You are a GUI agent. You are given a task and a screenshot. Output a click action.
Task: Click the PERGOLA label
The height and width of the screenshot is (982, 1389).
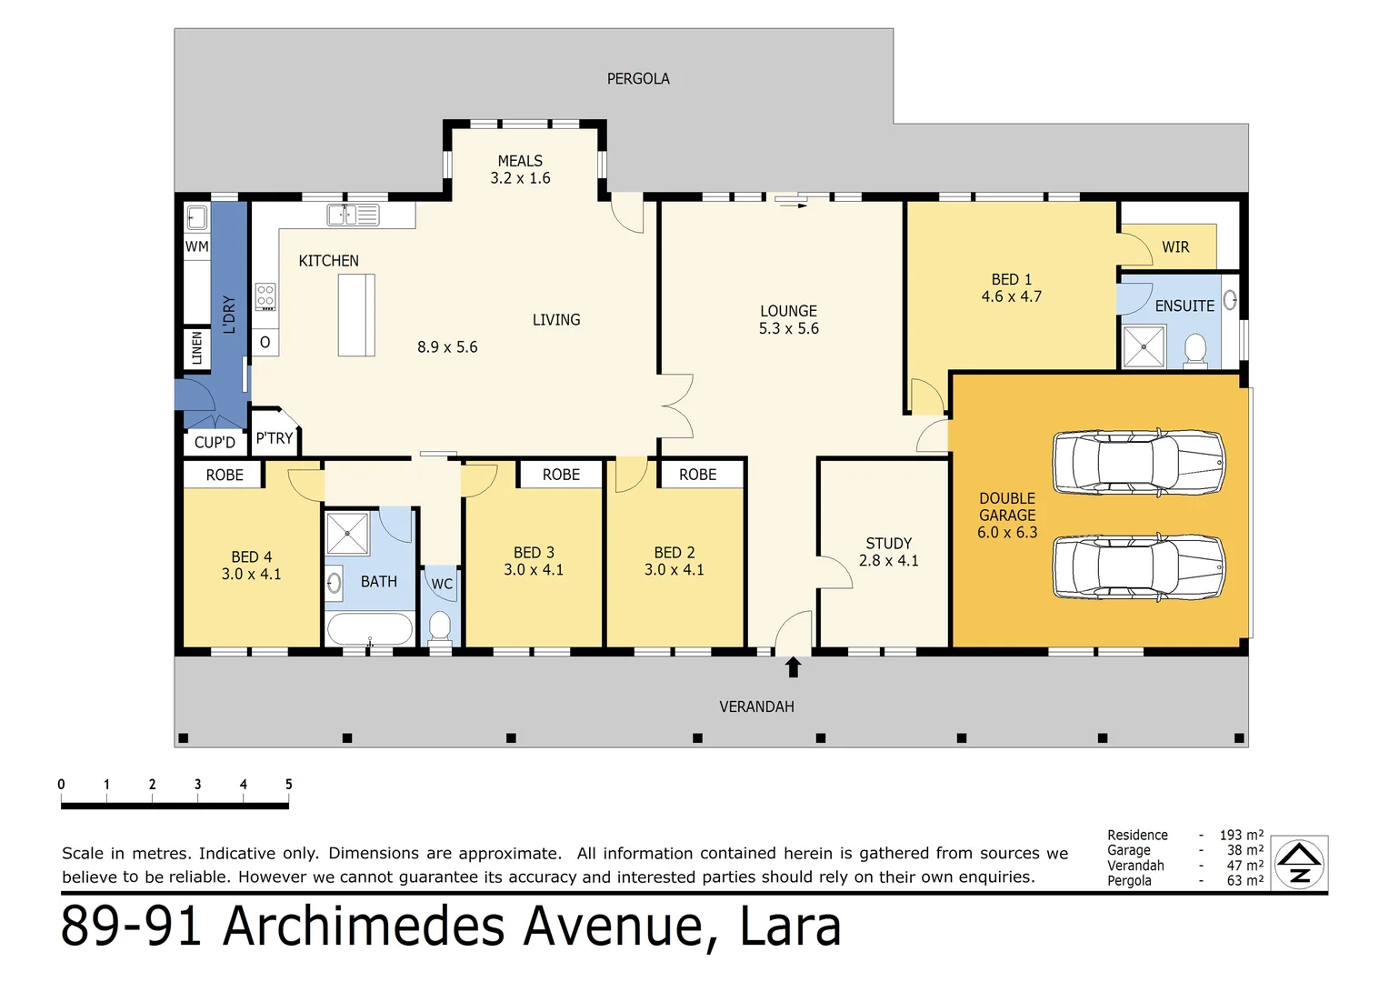click(x=638, y=79)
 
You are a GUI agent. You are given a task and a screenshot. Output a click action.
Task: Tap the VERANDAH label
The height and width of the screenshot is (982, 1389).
click(x=756, y=706)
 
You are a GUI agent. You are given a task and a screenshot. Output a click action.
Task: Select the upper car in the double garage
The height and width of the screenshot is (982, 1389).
click(x=1138, y=462)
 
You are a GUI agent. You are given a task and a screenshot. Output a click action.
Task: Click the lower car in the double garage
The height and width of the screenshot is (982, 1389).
click(x=1138, y=566)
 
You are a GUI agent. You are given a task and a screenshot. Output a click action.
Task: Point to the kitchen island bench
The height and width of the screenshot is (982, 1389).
click(x=356, y=315)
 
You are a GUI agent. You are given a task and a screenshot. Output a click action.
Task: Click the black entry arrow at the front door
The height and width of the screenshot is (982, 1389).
click(x=793, y=667)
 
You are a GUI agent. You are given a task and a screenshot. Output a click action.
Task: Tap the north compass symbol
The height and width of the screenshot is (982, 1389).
click(x=1299, y=864)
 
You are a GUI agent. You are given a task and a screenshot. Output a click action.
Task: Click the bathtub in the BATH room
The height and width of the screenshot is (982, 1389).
click(x=369, y=629)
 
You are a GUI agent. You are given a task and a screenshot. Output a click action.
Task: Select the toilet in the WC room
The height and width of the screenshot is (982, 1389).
click(x=440, y=626)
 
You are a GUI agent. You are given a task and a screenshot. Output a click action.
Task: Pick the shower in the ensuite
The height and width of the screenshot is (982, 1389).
click(x=1144, y=346)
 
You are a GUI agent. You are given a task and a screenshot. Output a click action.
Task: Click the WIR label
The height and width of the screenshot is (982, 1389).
click(x=1175, y=247)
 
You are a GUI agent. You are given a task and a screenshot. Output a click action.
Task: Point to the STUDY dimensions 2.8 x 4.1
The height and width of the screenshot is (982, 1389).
click(x=888, y=561)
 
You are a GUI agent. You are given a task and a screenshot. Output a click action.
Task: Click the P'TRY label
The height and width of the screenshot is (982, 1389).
click(x=274, y=438)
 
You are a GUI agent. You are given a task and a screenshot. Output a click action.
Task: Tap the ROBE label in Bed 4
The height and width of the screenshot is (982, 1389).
click(x=224, y=475)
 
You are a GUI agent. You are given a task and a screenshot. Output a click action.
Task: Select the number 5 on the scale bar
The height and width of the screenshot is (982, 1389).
click(x=288, y=785)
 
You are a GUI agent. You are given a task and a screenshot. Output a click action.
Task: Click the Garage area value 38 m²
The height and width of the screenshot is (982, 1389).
click(x=1244, y=850)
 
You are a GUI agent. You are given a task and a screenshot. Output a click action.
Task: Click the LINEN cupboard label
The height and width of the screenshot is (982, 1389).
click(x=197, y=348)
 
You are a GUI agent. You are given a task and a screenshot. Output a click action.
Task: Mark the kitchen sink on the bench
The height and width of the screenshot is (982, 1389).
click(x=343, y=215)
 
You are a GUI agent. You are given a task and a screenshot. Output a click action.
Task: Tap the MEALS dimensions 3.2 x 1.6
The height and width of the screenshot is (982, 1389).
click(x=520, y=178)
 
